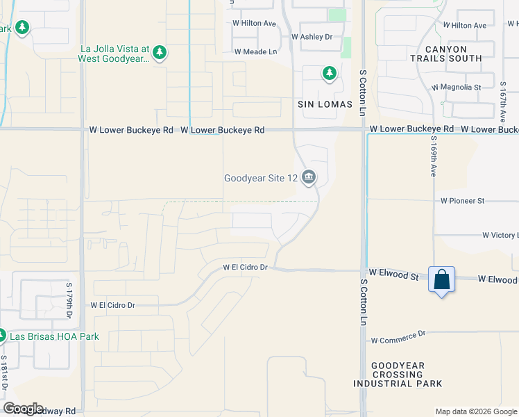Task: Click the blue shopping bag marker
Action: tap(441, 280)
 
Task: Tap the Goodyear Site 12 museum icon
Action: tap(309, 179)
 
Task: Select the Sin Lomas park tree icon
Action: tap(328, 73)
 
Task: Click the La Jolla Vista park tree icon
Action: tap(160, 53)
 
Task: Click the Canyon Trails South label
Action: tap(454, 54)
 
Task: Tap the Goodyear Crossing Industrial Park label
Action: tap(398, 375)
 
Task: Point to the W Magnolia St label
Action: tap(456, 88)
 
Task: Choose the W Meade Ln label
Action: tap(255, 51)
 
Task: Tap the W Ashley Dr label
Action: tap(312, 37)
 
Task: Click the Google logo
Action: tap(24, 409)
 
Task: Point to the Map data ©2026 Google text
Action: tap(475, 411)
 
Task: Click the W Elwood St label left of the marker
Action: tap(393, 276)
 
